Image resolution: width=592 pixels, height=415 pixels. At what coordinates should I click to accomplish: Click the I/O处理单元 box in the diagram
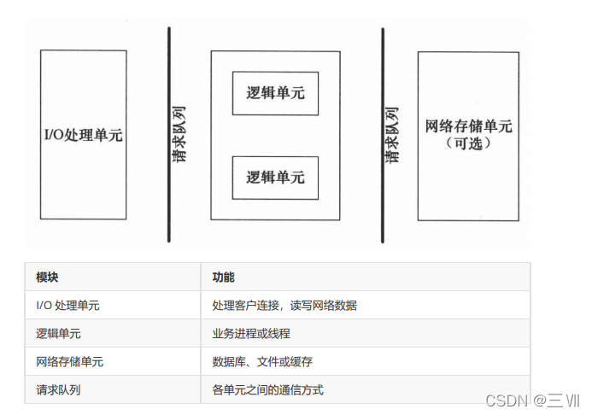pyautogui.click(x=83, y=135)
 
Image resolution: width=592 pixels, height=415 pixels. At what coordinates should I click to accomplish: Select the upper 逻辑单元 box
pyautogui.click(x=275, y=93)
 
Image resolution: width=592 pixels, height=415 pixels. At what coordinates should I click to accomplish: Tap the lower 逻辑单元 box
pyautogui.click(x=275, y=178)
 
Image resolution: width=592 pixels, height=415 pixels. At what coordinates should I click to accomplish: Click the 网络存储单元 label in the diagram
pyautogui.click(x=468, y=126)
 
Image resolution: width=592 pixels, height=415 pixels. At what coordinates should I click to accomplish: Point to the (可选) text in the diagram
pyautogui.click(x=469, y=144)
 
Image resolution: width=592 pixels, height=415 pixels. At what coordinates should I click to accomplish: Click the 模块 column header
pyautogui.click(x=48, y=278)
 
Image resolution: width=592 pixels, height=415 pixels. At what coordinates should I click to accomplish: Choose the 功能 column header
pyautogui.click(x=224, y=278)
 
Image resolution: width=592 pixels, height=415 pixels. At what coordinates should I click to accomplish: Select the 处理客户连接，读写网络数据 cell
pyautogui.click(x=284, y=306)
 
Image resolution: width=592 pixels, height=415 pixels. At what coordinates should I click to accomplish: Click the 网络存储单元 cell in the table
pyautogui.click(x=70, y=362)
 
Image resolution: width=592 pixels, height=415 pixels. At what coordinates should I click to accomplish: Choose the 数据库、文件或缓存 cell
pyautogui.click(x=263, y=362)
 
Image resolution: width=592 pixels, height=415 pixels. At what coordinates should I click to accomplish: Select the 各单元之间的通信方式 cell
pyautogui.click(x=268, y=390)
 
